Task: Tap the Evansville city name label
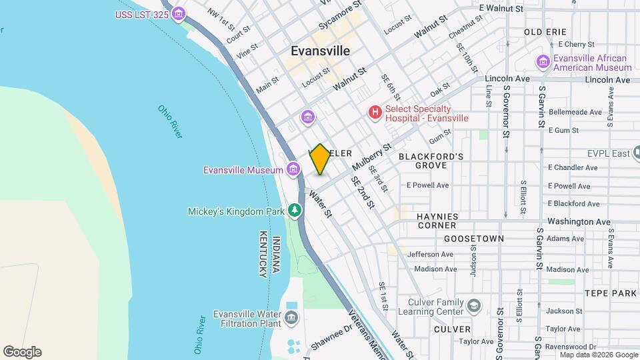321,51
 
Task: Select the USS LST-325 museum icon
178,14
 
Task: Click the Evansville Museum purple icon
293,170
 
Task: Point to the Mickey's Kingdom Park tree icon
294,211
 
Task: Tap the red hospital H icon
375,113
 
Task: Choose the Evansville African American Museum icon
543,63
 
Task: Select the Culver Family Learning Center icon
474,307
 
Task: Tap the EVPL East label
608,153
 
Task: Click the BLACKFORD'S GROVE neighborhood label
431,160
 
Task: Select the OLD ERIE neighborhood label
545,32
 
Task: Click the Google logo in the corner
22,352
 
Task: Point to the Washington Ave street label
579,221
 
